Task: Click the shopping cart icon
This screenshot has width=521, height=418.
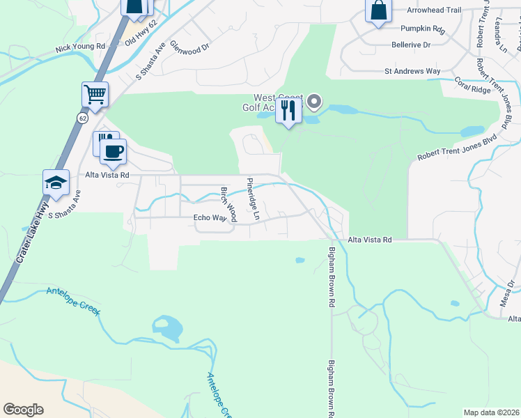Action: tap(95, 94)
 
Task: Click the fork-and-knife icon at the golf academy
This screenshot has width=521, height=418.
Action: tap(288, 109)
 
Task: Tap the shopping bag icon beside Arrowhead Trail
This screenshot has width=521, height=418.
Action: tap(378, 10)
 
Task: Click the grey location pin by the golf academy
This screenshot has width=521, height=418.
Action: tap(314, 103)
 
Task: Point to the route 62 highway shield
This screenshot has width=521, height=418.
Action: tap(83, 118)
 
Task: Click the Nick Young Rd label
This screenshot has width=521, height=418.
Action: tap(80, 47)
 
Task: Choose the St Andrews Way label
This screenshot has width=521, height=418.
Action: tap(413, 71)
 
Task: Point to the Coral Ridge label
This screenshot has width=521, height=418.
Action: tap(473, 85)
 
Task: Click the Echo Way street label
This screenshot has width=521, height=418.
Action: tap(210, 218)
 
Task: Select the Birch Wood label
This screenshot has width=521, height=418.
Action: tap(228, 203)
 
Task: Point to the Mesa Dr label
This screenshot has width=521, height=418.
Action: tap(511, 289)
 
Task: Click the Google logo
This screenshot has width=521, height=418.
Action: tap(23, 410)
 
